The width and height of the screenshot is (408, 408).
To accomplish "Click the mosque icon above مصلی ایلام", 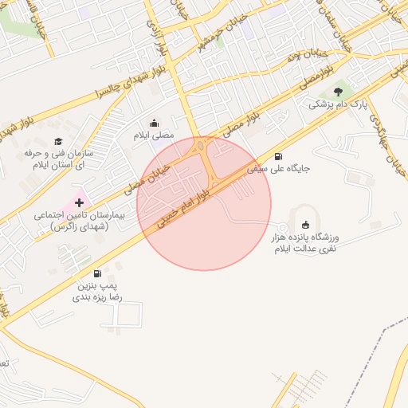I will pos(155,123).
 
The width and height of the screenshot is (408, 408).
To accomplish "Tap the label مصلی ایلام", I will pos(154,135).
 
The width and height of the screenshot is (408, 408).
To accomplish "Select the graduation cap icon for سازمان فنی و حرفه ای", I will pos(57,140).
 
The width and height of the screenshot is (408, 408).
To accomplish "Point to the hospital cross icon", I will pos(79,203).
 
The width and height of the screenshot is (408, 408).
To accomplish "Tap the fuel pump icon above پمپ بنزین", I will pos(96,273).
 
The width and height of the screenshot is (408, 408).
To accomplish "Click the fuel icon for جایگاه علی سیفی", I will pos(277,156).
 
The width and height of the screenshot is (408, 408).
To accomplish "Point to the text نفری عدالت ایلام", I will pos(307,249).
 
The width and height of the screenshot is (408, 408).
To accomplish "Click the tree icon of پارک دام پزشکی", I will pos(338,92).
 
